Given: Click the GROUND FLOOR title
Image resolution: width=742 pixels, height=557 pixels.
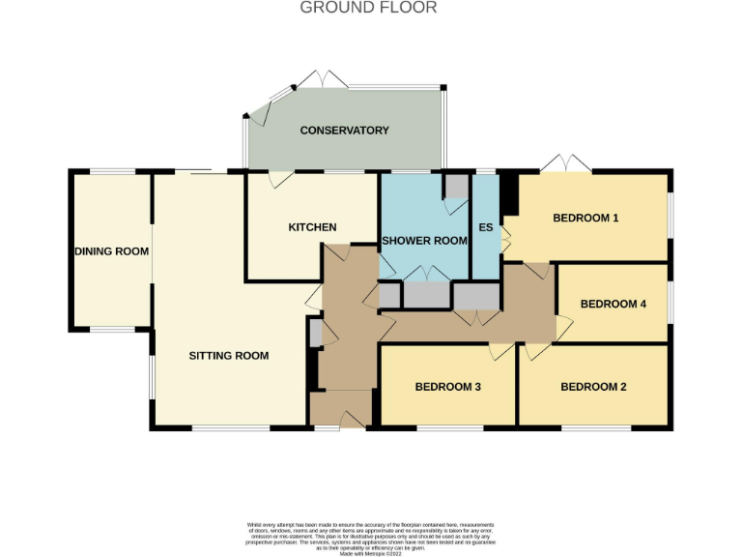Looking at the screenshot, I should [x=368, y=8].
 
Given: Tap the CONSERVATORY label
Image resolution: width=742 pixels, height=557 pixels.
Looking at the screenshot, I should [x=344, y=131].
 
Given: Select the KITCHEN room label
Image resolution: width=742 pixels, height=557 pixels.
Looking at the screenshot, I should [x=312, y=227].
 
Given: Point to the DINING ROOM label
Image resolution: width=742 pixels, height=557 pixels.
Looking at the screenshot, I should [x=112, y=251].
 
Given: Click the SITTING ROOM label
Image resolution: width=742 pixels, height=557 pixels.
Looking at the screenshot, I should [x=228, y=356].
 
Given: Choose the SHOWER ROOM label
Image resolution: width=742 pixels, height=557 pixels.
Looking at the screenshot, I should [x=424, y=241].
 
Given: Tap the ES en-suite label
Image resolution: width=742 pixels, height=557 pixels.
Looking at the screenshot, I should [x=486, y=228].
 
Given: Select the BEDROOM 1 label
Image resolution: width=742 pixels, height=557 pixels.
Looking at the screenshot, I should [x=585, y=218].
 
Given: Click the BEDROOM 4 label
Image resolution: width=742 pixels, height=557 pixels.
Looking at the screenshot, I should [x=613, y=304].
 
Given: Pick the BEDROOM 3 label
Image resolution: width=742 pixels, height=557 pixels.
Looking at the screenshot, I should [x=447, y=387].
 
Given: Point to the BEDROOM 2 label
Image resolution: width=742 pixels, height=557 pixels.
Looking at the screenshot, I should [x=593, y=387].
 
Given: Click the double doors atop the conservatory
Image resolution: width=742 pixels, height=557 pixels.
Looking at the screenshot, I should [x=323, y=77].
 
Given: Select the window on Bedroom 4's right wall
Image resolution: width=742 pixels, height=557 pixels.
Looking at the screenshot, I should [x=669, y=303].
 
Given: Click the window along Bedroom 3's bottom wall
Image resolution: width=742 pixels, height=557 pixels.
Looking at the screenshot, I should [x=449, y=426].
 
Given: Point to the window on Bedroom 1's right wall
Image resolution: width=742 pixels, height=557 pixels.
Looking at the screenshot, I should [x=669, y=218].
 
